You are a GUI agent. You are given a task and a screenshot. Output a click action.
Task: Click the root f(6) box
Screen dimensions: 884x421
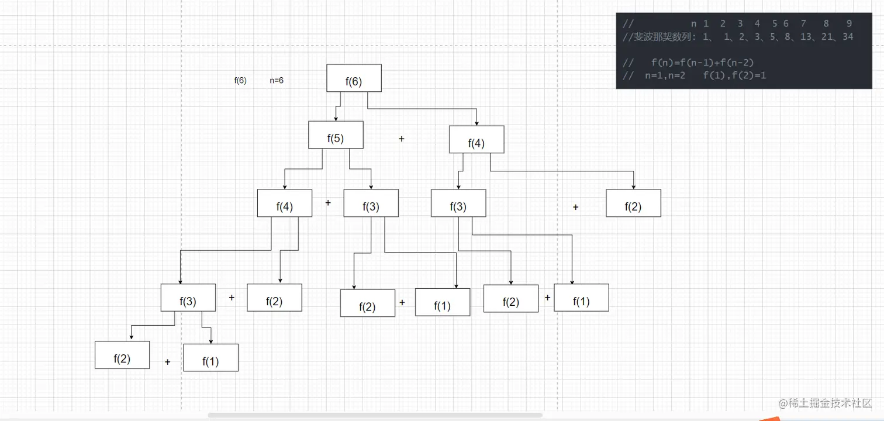354,78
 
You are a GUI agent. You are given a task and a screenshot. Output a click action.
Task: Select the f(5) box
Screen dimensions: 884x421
336,135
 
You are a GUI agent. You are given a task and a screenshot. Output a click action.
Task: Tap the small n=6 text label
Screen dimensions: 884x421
276,81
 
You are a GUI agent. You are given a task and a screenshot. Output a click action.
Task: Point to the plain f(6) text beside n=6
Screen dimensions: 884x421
240,81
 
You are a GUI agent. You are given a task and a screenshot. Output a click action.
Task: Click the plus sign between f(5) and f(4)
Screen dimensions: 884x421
401,139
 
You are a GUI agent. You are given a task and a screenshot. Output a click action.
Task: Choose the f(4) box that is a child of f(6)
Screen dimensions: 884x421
476,139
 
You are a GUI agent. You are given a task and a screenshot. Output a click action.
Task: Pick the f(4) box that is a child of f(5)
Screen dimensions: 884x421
285,203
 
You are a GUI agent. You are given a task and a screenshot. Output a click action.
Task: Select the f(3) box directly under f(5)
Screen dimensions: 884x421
371,203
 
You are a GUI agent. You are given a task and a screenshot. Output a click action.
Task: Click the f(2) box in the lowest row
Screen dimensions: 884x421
122,355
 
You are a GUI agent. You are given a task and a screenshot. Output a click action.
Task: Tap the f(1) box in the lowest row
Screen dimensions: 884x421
210,357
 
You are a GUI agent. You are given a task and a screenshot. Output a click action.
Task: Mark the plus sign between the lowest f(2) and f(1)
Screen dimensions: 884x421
167,362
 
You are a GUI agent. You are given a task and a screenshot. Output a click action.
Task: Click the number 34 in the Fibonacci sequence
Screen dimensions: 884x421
848,37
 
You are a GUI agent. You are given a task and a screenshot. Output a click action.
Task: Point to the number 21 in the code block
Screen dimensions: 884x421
827,37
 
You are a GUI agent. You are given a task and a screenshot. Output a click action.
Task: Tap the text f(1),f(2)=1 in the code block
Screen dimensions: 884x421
734,75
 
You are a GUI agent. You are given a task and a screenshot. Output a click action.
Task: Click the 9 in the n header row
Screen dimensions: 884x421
849,23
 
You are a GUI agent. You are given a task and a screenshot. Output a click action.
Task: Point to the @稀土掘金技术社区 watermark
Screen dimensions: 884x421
825,403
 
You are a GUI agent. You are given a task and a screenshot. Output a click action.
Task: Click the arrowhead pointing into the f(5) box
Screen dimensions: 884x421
336,119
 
